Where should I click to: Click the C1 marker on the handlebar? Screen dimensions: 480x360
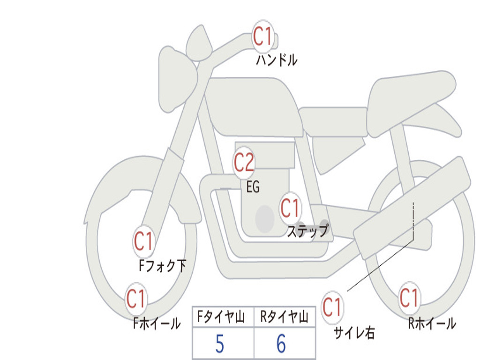(x=263, y=37)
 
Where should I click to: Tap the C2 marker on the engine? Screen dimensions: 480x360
(x=244, y=162)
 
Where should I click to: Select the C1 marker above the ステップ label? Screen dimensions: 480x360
(x=290, y=208)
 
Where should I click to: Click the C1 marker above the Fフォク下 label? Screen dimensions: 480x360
(x=143, y=241)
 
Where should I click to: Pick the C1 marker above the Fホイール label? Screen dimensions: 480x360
(x=135, y=299)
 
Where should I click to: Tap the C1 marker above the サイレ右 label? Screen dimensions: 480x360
(x=332, y=307)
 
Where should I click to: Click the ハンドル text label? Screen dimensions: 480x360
(x=277, y=60)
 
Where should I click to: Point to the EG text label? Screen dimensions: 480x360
(x=253, y=187)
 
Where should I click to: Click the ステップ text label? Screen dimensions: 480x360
(x=308, y=231)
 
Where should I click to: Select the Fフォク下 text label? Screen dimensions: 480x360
(x=163, y=266)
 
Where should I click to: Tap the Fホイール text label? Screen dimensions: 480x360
(x=157, y=323)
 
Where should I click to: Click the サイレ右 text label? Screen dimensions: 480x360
(x=354, y=333)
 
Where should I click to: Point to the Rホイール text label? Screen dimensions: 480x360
(x=432, y=323)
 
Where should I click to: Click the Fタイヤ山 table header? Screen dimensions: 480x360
(x=223, y=316)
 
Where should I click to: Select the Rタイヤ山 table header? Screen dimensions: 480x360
(x=285, y=316)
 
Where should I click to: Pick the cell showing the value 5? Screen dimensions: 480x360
(x=223, y=343)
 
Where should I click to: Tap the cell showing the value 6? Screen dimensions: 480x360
(x=285, y=343)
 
